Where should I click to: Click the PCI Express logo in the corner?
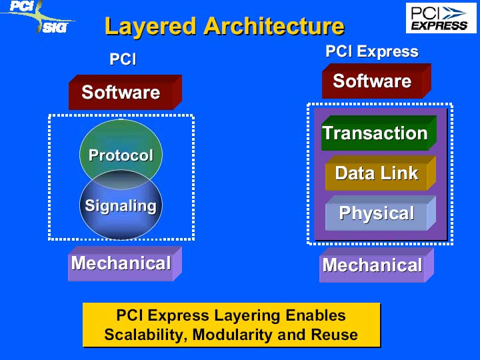coord(441,18)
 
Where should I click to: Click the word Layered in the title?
coord(150,27)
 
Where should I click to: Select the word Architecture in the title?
coord(274,26)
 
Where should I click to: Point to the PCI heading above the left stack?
coord(123,59)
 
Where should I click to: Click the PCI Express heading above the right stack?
coord(372,51)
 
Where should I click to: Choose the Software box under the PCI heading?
coord(125,92)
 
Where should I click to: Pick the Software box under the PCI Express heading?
coord(377,81)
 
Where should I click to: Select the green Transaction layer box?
coord(379,133)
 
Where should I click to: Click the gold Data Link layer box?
coord(381,173)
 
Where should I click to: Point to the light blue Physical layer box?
coord(381,213)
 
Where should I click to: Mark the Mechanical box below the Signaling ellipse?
coord(125,263)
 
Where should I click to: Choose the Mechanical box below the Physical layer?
coord(377,265)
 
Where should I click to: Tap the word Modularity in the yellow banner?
coord(233,335)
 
